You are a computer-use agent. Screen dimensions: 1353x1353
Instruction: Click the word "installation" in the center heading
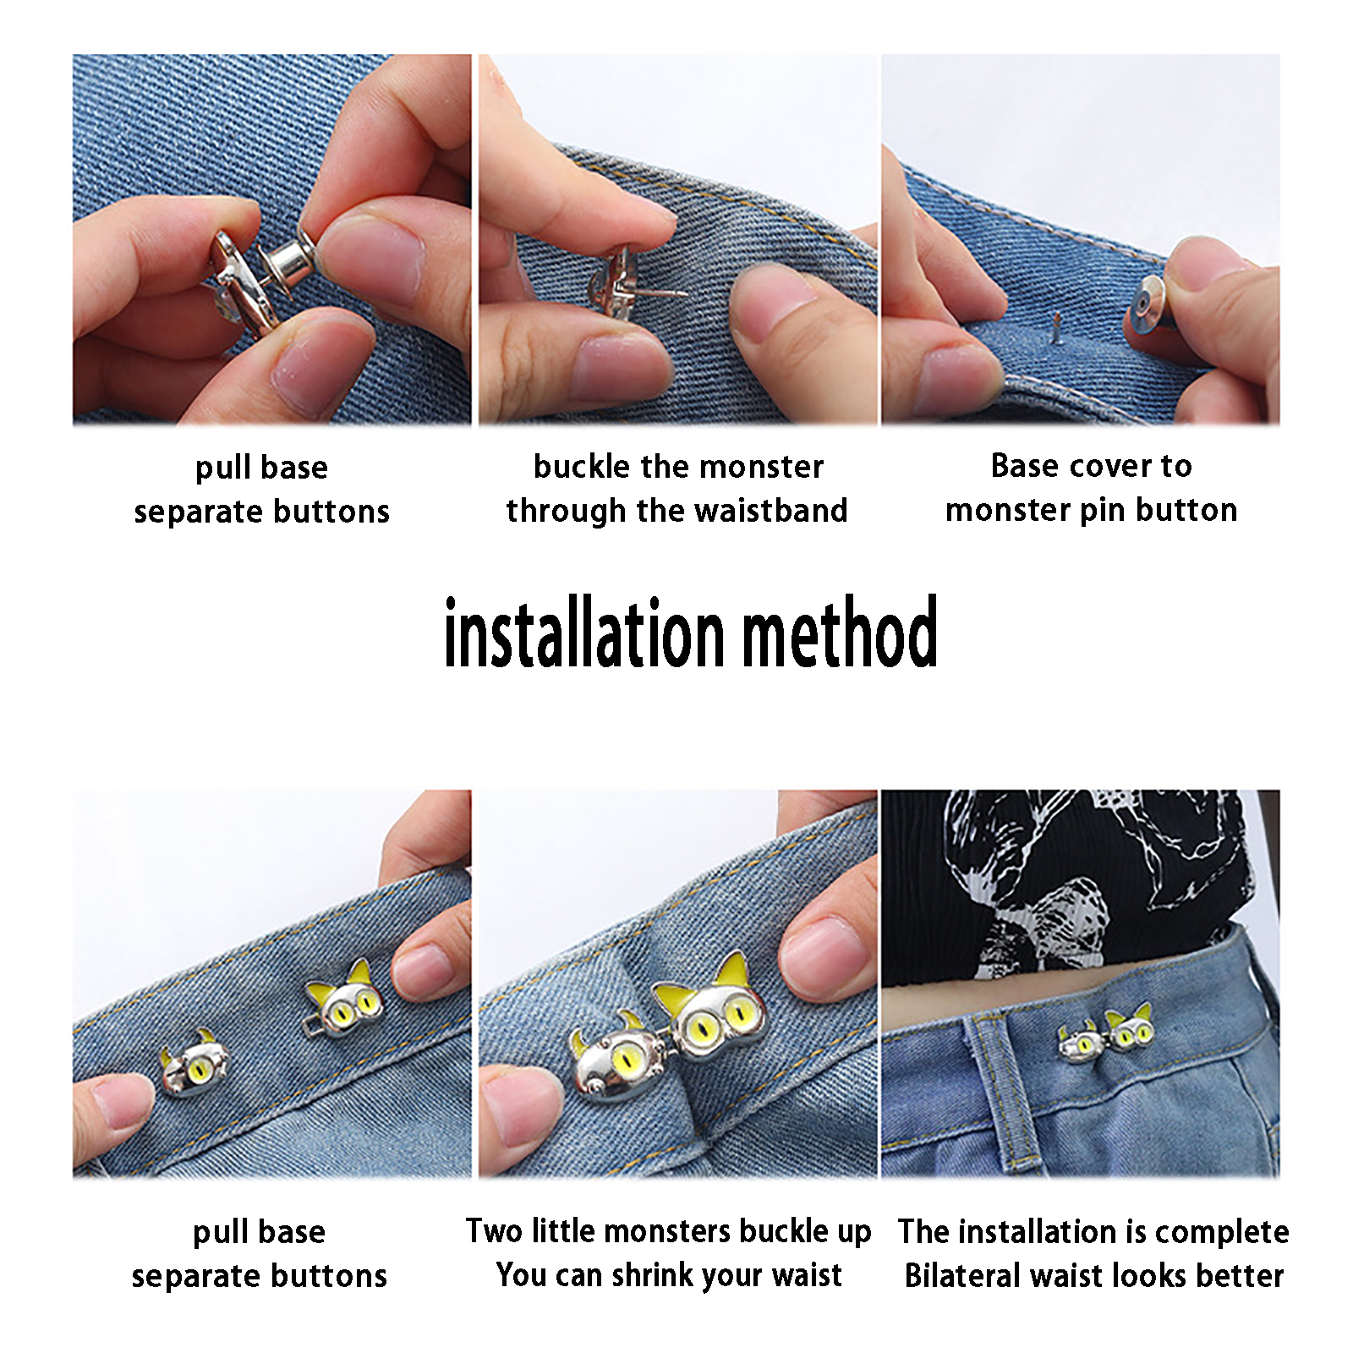coord(584,633)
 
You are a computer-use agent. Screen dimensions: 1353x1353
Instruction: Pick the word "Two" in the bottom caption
coord(495,1231)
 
